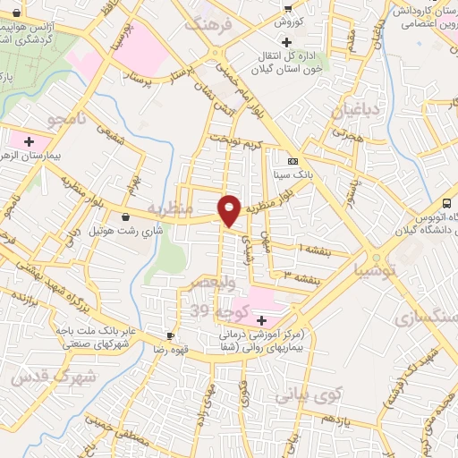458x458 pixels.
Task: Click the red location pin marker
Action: (x=230, y=210)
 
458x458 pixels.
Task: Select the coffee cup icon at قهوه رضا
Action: (x=170, y=335)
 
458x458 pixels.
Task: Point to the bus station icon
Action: (x=447, y=205)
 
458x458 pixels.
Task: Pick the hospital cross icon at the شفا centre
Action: (x=261, y=320)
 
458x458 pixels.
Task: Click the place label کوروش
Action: (x=292, y=21)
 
